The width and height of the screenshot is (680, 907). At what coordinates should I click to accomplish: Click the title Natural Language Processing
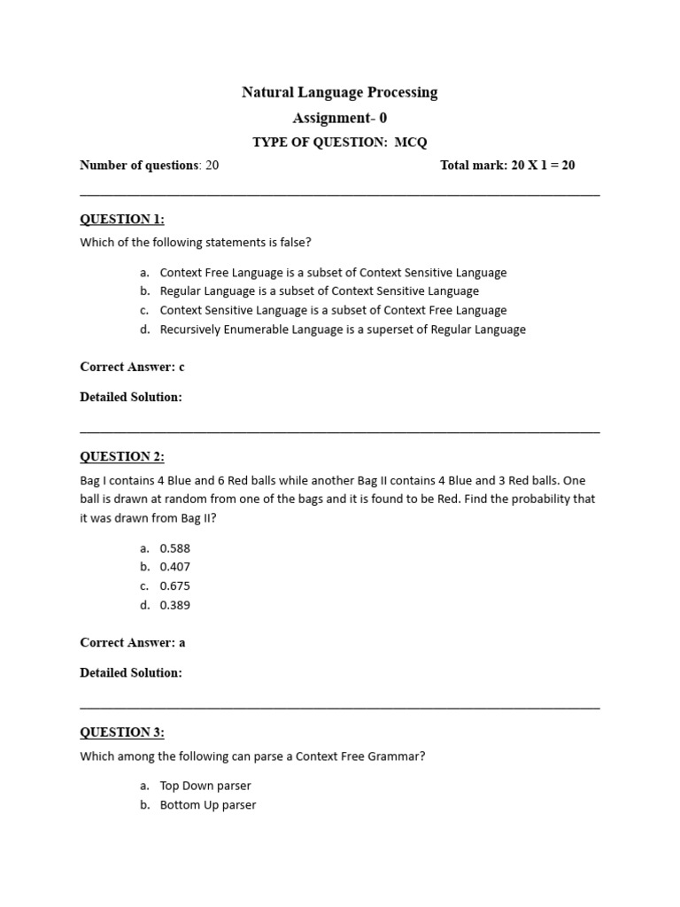[x=339, y=92]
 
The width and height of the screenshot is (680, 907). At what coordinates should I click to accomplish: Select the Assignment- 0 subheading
[x=339, y=118]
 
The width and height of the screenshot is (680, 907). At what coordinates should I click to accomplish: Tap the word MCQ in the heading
[x=411, y=142]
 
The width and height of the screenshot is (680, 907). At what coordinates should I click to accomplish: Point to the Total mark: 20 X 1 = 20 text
[x=507, y=165]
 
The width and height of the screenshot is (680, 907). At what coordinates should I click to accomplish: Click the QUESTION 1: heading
[x=122, y=219]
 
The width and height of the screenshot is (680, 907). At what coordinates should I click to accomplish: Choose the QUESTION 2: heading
[x=122, y=456]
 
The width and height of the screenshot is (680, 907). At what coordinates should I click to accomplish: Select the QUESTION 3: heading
[x=122, y=732]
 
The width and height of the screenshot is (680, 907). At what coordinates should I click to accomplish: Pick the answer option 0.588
[x=174, y=548]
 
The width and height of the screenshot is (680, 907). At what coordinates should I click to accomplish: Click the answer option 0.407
[x=174, y=567]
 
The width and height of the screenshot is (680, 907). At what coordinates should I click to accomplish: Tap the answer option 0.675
[x=174, y=585]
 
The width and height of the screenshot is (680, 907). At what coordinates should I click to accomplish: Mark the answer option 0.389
[x=174, y=605]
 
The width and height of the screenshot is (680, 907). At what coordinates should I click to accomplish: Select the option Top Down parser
[x=205, y=786]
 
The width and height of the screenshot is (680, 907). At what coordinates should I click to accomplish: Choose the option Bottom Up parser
[x=208, y=805]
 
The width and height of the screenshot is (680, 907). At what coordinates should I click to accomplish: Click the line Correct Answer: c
[x=132, y=367]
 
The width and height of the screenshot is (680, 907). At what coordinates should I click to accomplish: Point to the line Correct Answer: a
[x=132, y=642]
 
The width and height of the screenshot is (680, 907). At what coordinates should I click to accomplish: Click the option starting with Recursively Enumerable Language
[x=343, y=329]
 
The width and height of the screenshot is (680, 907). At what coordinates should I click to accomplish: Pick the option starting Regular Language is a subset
[x=319, y=291]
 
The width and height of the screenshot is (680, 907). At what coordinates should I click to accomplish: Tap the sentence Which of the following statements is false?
[x=196, y=242]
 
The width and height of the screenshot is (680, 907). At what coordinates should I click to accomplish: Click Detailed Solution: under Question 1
[x=131, y=397]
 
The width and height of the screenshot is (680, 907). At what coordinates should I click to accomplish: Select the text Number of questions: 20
[x=149, y=165]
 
